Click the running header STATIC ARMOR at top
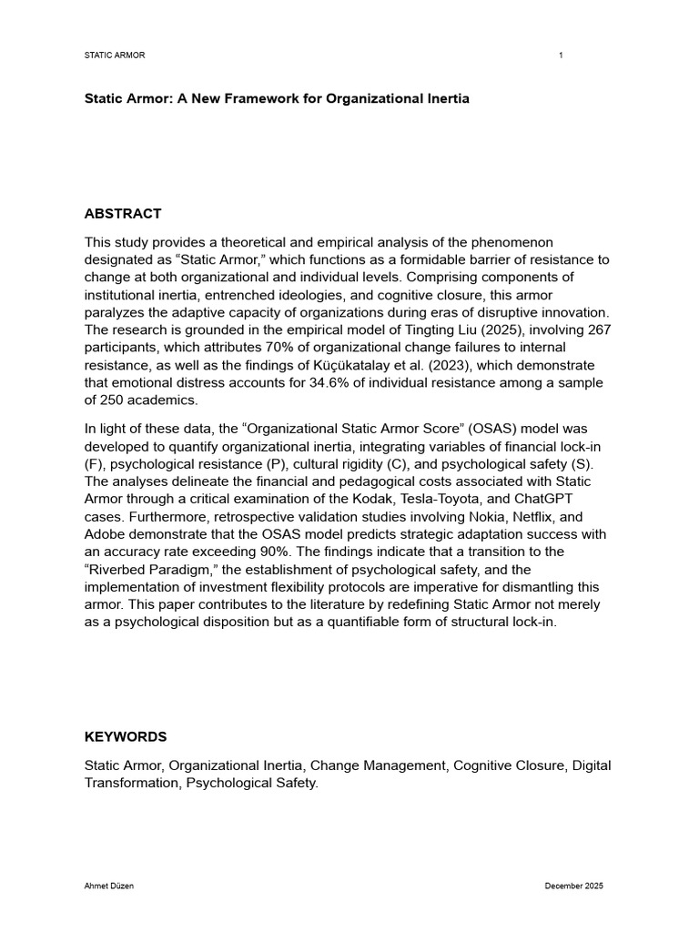click(115, 56)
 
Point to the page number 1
click(561, 56)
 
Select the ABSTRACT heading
click(123, 214)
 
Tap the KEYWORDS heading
click(126, 736)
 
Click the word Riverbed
click(117, 569)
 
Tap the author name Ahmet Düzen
click(109, 886)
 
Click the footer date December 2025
click(573, 886)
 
